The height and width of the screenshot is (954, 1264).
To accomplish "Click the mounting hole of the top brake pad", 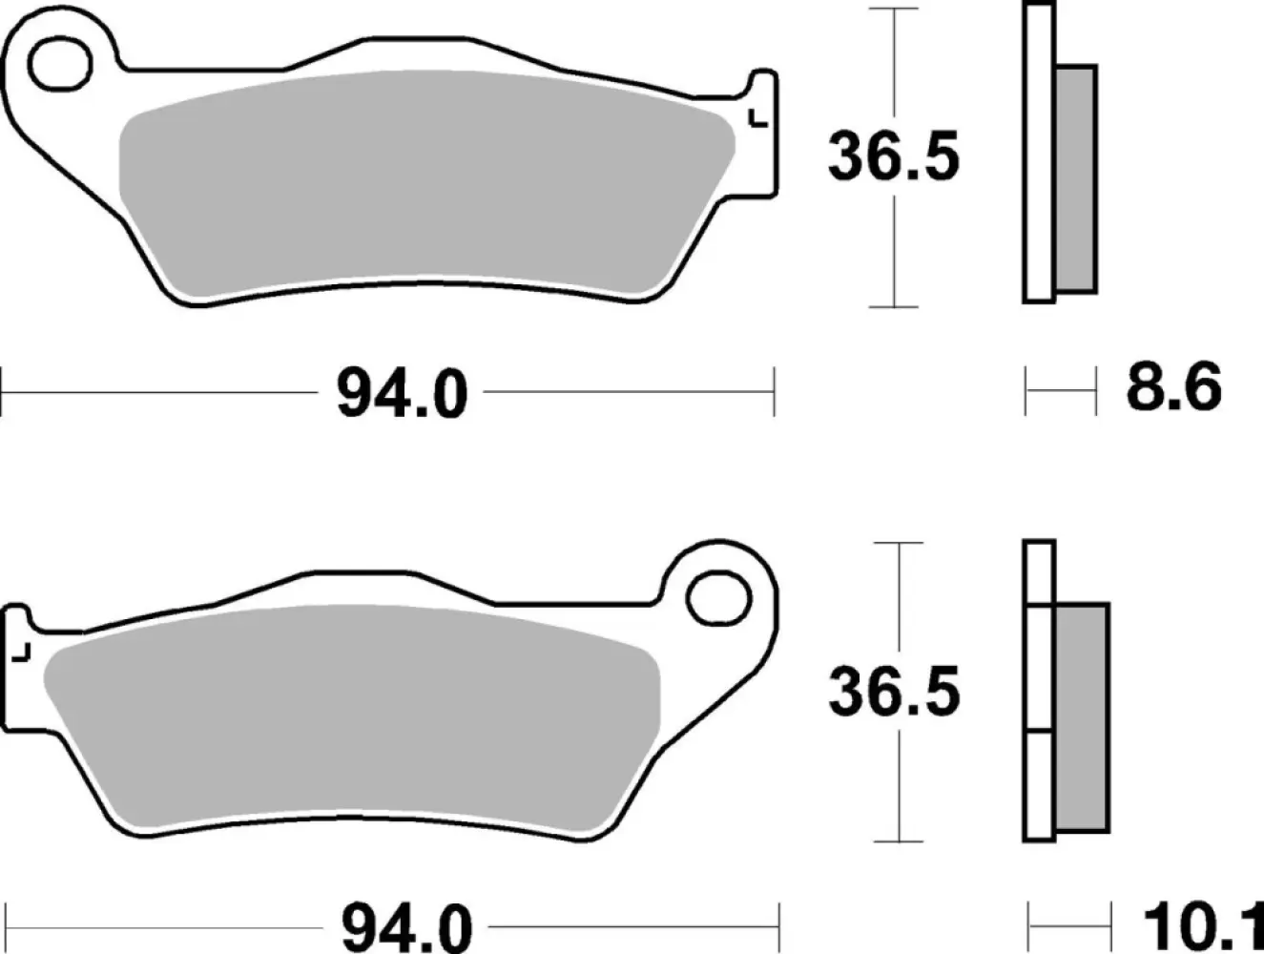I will pyautogui.click(x=55, y=67).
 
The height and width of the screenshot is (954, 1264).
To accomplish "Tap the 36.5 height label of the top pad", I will pyautogui.click(x=893, y=157).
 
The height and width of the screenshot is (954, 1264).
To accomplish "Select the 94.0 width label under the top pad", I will pyautogui.click(x=402, y=392).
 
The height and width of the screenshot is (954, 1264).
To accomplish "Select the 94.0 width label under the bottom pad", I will pyautogui.click(x=407, y=926).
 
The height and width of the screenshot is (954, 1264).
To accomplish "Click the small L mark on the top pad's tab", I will pyautogui.click(x=758, y=119).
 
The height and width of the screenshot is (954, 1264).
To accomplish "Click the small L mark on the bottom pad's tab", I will pyautogui.click(x=22, y=653).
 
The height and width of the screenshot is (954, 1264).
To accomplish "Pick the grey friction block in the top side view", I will pyautogui.click(x=1076, y=178).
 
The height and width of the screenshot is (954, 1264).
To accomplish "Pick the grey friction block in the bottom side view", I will pyautogui.click(x=1082, y=716).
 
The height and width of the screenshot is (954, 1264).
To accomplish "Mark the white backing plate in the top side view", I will pyautogui.click(x=1039, y=153).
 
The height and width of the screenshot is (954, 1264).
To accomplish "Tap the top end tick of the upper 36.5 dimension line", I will pyautogui.click(x=893, y=9).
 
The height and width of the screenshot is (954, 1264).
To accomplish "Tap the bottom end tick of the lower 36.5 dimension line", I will pyautogui.click(x=898, y=841).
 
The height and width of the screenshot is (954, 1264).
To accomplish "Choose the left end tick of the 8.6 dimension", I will pyautogui.click(x=1026, y=390).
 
